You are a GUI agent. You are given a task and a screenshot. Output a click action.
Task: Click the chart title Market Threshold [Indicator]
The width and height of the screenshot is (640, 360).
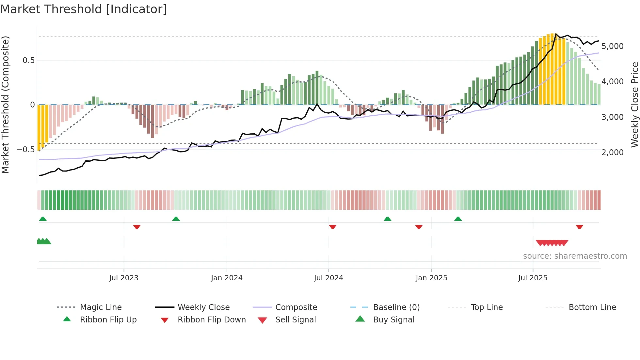84,9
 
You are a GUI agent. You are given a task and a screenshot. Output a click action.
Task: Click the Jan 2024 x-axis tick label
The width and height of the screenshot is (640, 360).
227,278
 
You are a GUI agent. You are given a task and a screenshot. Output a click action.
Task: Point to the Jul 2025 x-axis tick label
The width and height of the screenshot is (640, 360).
533,278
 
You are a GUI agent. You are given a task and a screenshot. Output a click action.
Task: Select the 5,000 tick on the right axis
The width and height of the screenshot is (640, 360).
612,46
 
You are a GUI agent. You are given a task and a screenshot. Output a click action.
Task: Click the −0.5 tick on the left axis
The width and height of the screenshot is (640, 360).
26,149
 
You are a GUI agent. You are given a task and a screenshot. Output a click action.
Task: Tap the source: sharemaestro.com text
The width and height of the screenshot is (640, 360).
575,256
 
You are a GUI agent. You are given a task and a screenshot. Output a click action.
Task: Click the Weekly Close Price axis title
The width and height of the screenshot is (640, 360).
634,105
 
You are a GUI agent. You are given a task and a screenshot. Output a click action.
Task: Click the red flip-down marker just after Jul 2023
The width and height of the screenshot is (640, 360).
137,227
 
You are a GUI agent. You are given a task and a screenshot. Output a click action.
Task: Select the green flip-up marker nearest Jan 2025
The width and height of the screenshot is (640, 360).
458,219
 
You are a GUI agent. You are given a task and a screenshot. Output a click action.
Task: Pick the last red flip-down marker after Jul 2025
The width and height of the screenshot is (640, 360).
579,227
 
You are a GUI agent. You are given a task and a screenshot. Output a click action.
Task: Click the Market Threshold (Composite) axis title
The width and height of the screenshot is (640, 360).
5,105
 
